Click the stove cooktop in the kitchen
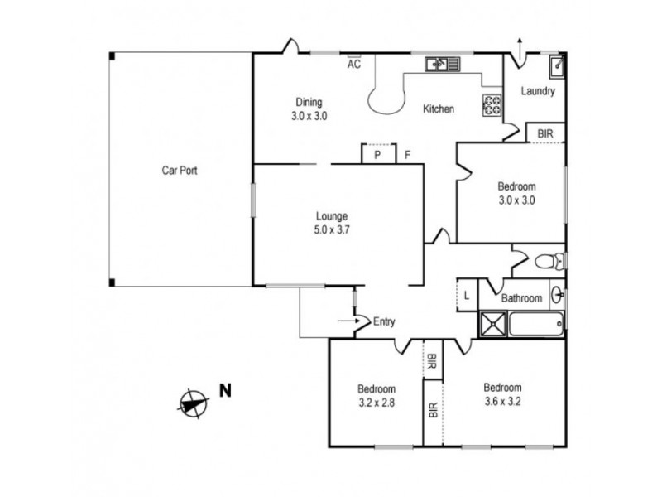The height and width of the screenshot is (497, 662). [x=492, y=104]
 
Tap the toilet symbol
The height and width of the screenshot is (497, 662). [x=549, y=262]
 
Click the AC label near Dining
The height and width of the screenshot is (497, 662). [x=354, y=64]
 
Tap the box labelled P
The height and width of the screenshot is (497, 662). [x=377, y=155]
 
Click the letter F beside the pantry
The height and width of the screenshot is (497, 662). [x=407, y=155]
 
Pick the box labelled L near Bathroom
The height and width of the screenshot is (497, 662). [x=467, y=295]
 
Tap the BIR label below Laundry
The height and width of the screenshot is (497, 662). [x=545, y=133]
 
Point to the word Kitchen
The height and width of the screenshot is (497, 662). [x=439, y=109]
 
